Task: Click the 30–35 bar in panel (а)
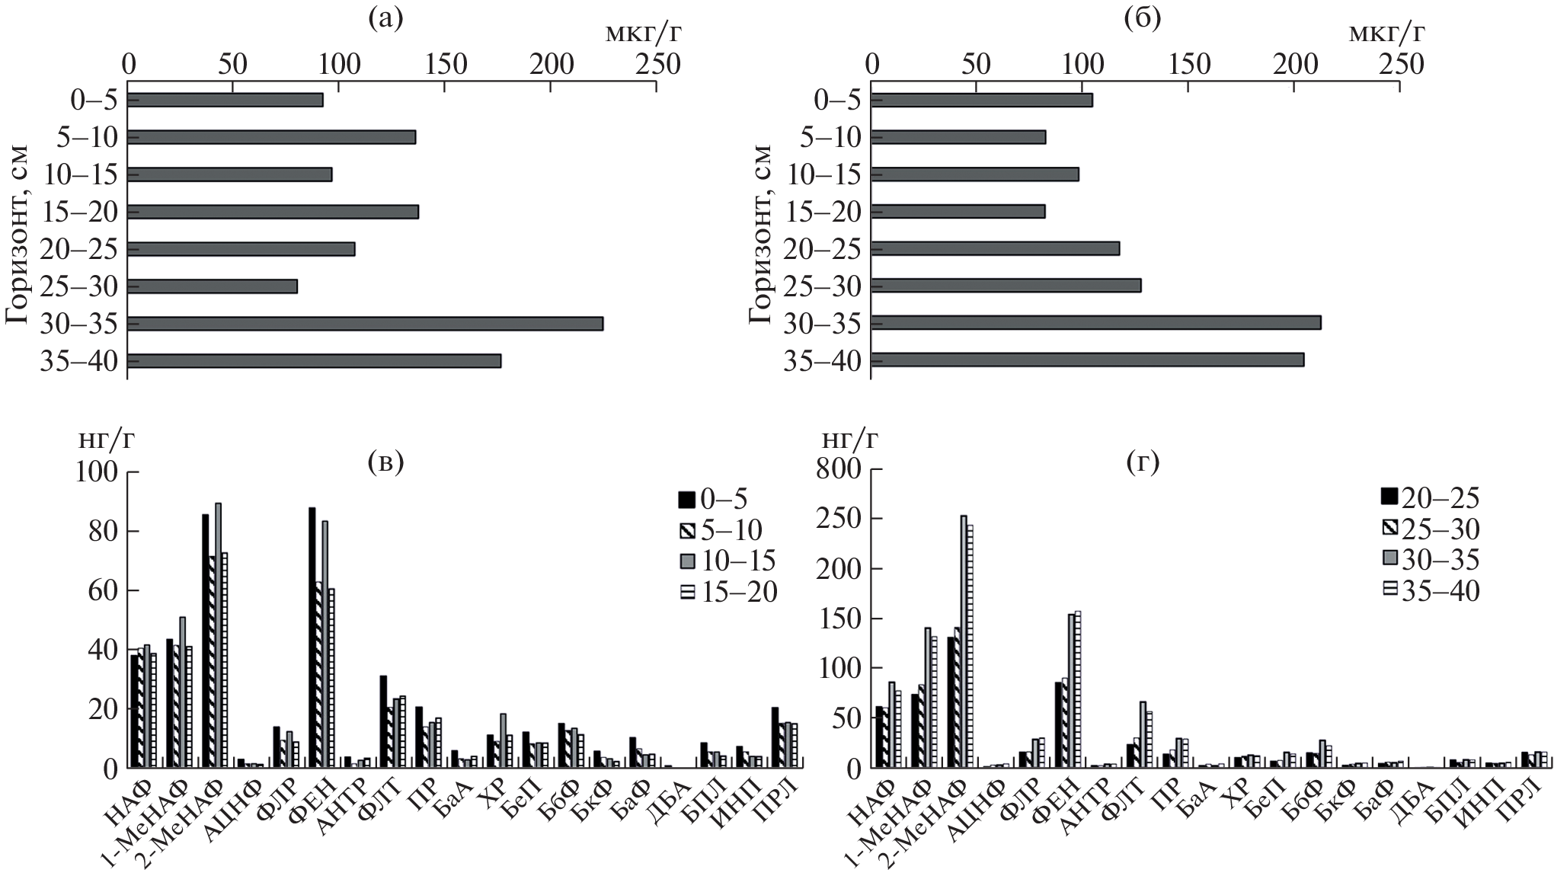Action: [366, 324]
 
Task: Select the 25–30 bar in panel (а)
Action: [213, 286]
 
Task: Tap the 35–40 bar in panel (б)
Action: [1088, 360]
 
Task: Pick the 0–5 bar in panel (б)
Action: [982, 100]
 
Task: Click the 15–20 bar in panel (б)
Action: [958, 211]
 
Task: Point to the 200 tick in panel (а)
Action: [551, 66]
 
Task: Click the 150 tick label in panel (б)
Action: [1188, 66]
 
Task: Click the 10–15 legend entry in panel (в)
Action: [727, 561]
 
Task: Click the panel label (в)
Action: [385, 462]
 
